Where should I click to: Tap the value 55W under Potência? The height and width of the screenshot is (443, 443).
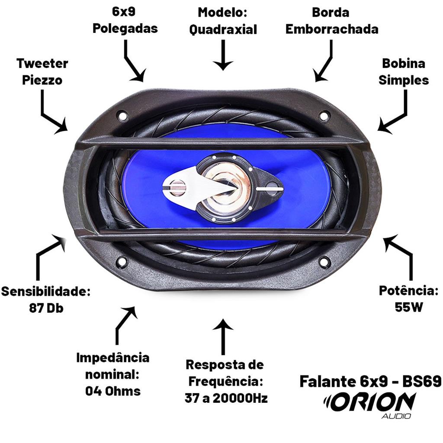click(x=408, y=307)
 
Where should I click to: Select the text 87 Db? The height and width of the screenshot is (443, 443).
click(x=46, y=308)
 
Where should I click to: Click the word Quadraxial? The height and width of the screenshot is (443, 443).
click(x=223, y=29)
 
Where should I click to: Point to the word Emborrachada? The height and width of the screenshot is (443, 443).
click(x=332, y=29)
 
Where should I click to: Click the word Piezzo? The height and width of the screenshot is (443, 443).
click(x=42, y=80)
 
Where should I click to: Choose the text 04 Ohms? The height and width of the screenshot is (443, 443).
click(x=113, y=391)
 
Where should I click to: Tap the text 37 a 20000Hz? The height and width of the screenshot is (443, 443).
click(x=226, y=398)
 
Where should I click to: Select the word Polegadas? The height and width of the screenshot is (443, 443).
click(x=125, y=29)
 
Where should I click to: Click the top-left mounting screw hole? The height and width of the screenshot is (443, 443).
click(x=123, y=116)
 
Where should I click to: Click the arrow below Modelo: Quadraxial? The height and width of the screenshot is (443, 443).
click(x=223, y=55)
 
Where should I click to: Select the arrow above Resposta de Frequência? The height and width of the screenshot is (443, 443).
click(x=223, y=337)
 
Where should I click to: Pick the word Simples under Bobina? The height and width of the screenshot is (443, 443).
click(x=404, y=80)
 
